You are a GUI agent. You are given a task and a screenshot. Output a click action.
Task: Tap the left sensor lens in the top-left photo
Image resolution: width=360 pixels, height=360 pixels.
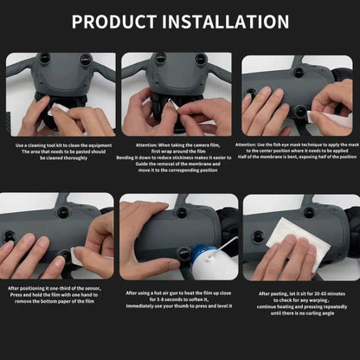[x=44, y=59]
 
